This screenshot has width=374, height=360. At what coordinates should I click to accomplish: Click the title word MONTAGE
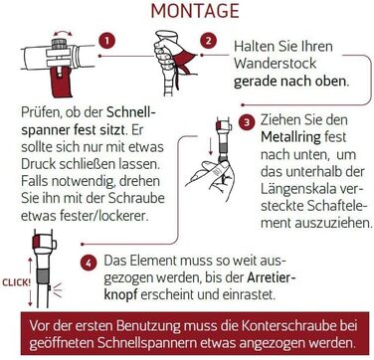coord(195,11)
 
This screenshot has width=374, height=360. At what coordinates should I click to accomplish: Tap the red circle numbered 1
coord(106,42)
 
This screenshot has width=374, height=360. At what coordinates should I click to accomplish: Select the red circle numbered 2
coord(209,41)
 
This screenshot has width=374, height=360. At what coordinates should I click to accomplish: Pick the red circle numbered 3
coord(247,123)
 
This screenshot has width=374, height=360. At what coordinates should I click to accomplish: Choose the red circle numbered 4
coord(89,263)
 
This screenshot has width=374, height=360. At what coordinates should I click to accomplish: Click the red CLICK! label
coord(17,283)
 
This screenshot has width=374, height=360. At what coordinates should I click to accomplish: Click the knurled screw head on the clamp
coord(60,44)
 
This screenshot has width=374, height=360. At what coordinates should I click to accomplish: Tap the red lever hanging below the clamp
coord(62,82)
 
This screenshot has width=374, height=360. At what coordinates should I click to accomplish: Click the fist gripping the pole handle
coord(164,57)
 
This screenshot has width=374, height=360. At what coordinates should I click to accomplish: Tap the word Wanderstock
coord(276,64)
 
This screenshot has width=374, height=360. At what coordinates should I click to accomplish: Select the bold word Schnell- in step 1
coord(131,113)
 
